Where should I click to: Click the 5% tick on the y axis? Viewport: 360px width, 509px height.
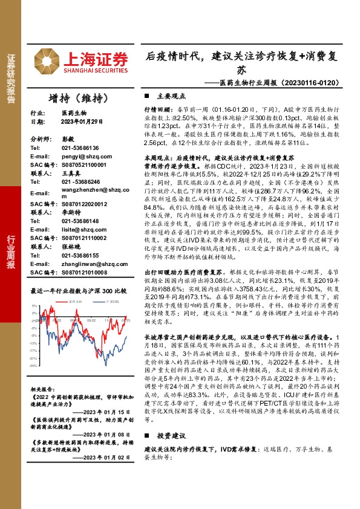(x=34, y=306)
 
